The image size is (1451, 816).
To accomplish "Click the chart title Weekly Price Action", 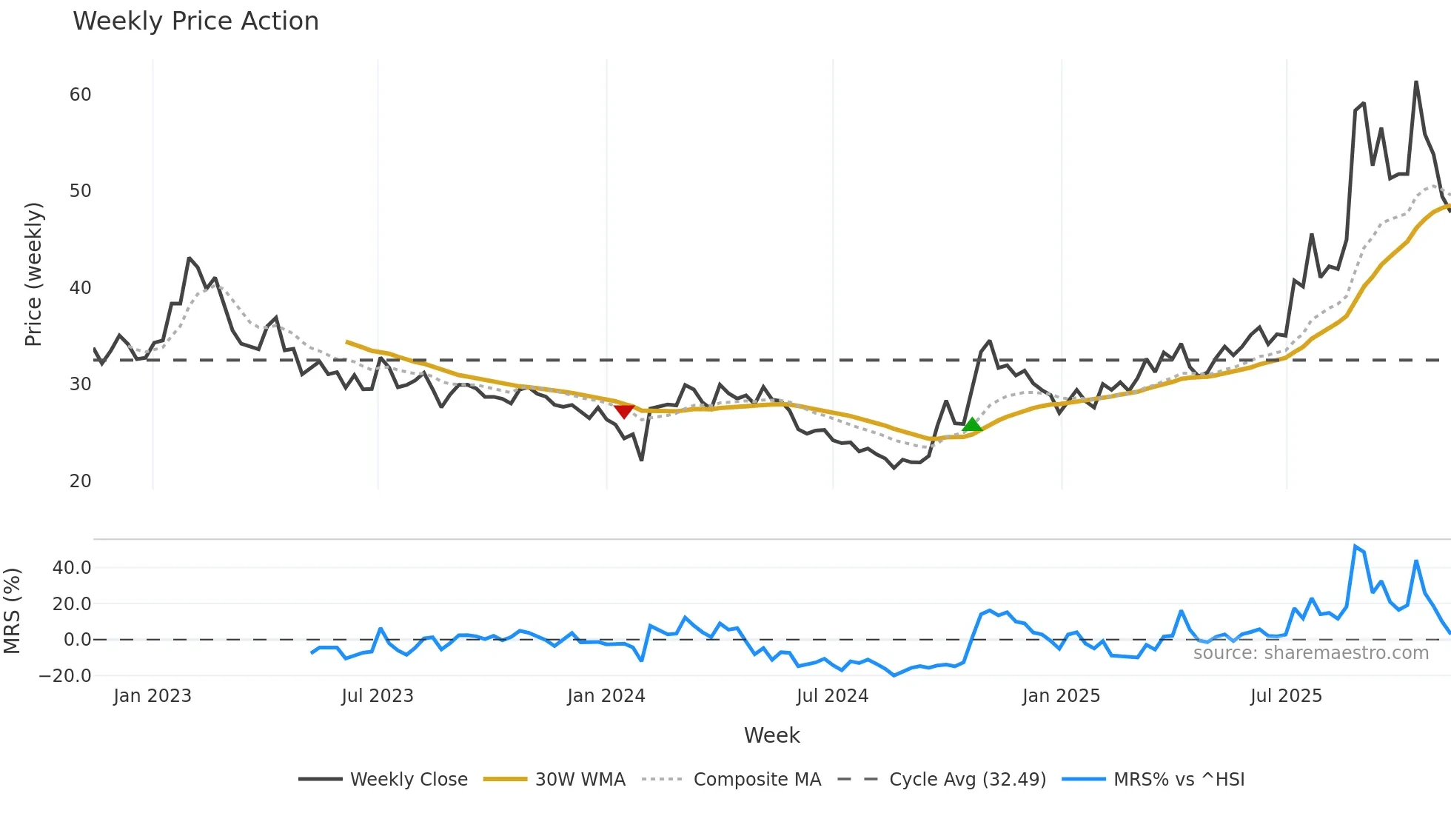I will click(x=195, y=21).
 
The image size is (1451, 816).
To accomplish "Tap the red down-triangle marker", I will click(x=624, y=411).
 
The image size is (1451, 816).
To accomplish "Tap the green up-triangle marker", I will click(x=971, y=424).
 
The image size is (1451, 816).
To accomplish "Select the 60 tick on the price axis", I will click(x=80, y=95).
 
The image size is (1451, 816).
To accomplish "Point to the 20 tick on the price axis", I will click(x=80, y=481).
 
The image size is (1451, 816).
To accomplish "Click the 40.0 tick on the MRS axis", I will click(x=72, y=568).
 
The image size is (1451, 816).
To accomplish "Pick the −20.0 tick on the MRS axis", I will click(x=65, y=675).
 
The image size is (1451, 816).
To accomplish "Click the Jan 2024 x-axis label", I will click(x=606, y=696).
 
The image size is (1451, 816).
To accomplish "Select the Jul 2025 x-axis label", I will click(x=1285, y=696).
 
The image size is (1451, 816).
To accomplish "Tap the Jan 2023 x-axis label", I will click(x=152, y=696).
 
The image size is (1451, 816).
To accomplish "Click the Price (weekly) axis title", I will click(x=34, y=274).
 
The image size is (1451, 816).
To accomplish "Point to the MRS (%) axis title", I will click(x=12, y=611).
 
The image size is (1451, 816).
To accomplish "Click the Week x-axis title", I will click(x=771, y=735).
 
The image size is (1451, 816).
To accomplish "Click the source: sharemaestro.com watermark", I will click(x=1310, y=653).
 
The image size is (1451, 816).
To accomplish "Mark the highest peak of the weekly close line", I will click(x=1416, y=82).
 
